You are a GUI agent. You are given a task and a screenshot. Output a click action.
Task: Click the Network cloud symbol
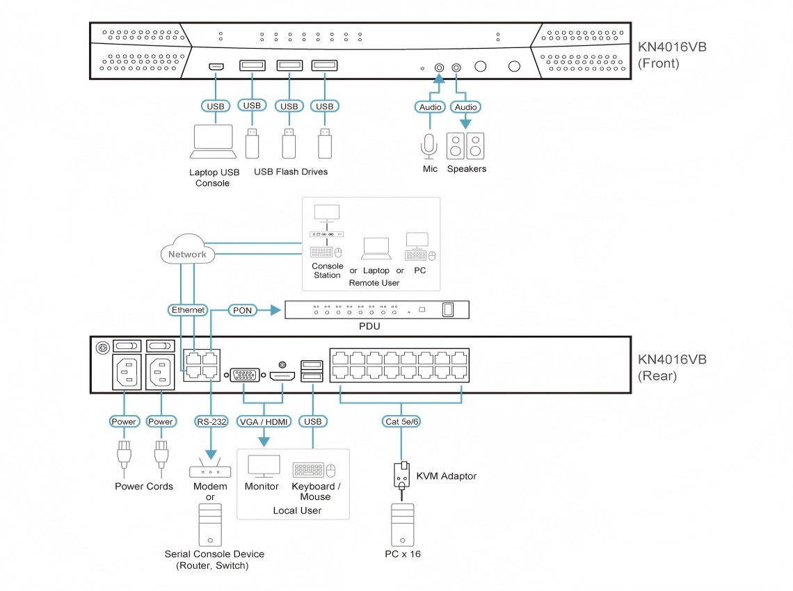187,254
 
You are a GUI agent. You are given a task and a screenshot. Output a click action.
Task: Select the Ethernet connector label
188,309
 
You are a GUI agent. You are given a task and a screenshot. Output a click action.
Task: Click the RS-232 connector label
210,421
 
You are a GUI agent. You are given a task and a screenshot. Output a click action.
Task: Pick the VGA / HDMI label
264,421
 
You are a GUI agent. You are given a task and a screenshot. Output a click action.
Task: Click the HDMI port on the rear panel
282,376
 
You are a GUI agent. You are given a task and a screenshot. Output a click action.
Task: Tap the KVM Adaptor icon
401,476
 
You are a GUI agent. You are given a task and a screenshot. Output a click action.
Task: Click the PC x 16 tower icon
402,524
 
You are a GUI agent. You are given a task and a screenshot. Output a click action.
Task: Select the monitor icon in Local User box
264,467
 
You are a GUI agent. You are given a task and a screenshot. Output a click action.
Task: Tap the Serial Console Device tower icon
210,524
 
